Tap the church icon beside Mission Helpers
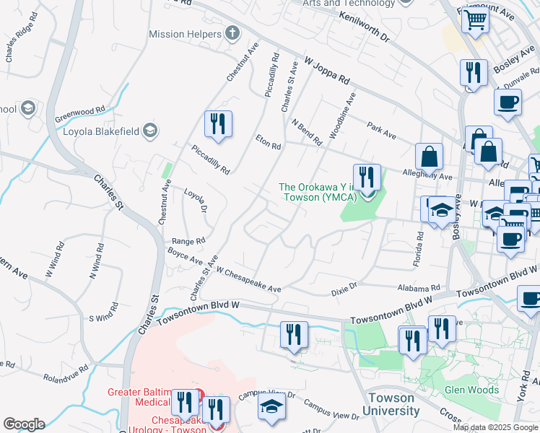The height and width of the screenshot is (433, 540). [232, 32]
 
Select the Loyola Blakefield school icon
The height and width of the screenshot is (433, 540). [149, 130]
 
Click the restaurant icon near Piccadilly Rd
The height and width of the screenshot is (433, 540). [217, 124]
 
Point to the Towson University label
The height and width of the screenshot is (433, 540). [391, 404]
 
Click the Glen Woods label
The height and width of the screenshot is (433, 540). [472, 390]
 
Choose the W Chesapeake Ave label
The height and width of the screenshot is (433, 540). [248, 281]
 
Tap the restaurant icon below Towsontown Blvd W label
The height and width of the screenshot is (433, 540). [294, 335]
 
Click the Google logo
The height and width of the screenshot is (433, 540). [24, 424]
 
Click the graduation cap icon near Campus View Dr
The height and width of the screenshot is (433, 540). [271, 408]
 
